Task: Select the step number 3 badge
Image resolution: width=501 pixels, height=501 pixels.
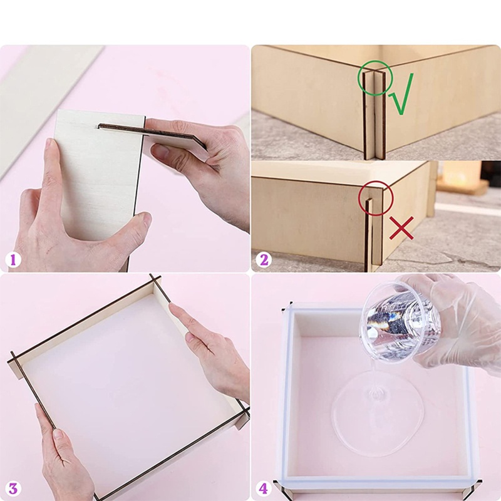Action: pyautogui.click(x=13, y=488)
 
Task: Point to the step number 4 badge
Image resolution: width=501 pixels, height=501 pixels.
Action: pyautogui.click(x=264, y=488)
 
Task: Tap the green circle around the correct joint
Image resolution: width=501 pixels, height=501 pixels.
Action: pyautogui.click(x=374, y=78)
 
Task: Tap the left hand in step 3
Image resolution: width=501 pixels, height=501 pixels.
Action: pyautogui.click(x=59, y=451)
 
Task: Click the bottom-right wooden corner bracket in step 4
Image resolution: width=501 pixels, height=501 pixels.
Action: pyautogui.click(x=471, y=490)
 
